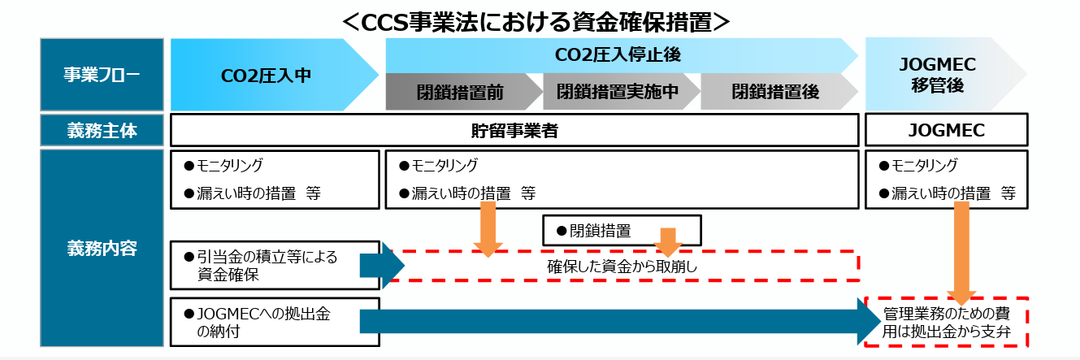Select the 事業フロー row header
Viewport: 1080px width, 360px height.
[102, 75]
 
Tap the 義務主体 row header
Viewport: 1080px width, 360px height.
[102, 130]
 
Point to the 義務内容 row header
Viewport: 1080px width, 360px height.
[102, 249]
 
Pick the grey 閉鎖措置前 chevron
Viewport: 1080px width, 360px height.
[460, 92]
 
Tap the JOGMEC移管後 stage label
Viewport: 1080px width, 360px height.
[943, 74]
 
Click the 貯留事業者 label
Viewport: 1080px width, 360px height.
[514, 131]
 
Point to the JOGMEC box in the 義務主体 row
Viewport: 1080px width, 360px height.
[947, 131]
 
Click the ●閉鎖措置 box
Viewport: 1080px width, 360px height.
[621, 230]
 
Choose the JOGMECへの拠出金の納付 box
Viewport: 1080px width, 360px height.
[275, 322]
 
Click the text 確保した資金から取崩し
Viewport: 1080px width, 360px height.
[622, 266]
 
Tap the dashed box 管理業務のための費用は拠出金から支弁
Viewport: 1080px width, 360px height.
[947, 322]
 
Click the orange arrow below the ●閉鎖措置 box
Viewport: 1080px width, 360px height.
[668, 241]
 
